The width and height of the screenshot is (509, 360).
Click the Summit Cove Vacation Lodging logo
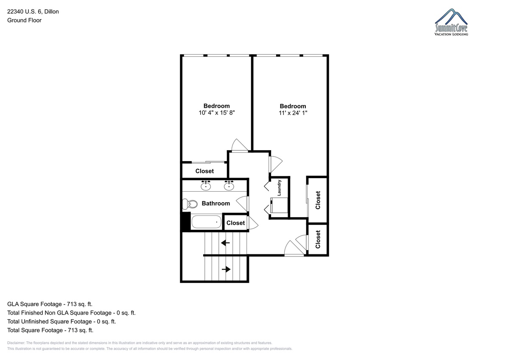(451, 22)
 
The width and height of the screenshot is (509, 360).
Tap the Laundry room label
(279, 188)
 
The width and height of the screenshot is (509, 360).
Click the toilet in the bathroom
(190, 204)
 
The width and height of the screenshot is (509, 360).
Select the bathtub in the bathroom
(207, 222)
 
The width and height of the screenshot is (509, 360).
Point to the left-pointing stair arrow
(225, 243)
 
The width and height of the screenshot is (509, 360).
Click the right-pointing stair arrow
(226, 269)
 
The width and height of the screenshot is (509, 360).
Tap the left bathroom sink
(206, 185)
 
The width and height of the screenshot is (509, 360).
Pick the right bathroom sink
(229, 185)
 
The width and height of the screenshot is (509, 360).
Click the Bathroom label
(216, 203)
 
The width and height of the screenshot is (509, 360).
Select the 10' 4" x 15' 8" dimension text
(217, 113)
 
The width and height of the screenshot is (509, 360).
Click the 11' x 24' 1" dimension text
(293, 113)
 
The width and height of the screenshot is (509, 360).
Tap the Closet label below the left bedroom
(204, 171)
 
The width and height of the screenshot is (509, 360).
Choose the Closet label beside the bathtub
(236, 223)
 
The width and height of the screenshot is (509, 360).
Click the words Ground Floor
(24, 20)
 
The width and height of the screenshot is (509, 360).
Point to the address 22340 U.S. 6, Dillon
(33, 11)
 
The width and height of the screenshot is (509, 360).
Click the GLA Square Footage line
(50, 304)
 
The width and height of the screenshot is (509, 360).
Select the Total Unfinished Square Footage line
(62, 321)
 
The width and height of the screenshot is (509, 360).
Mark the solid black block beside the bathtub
(186, 222)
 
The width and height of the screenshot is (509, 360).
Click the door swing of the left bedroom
(240, 145)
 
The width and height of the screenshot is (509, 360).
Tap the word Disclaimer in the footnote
(16, 343)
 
